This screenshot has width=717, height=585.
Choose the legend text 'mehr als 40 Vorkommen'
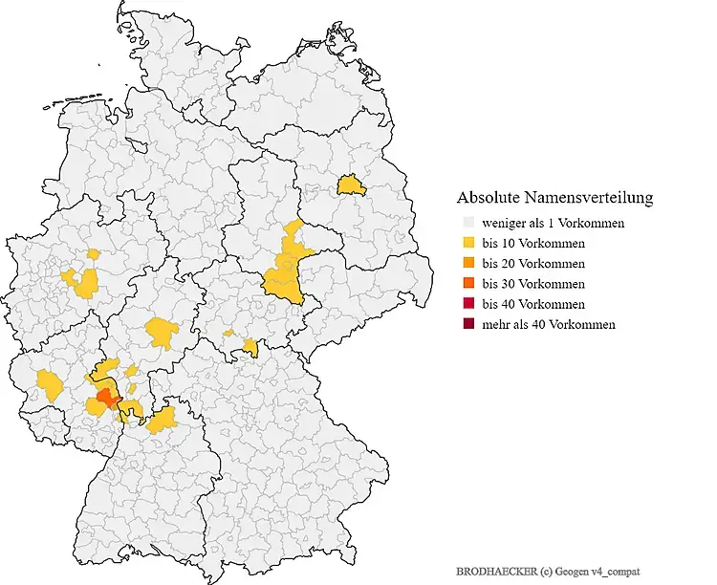pos(549,324)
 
